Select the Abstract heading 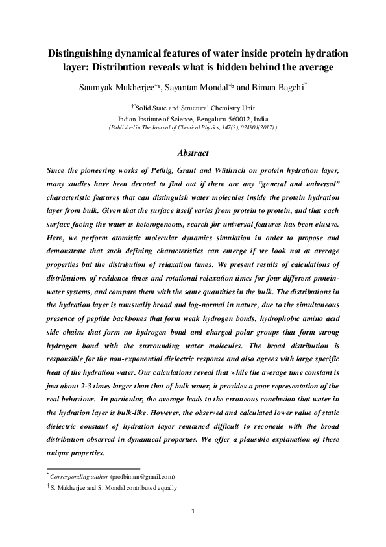tap(193, 154)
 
